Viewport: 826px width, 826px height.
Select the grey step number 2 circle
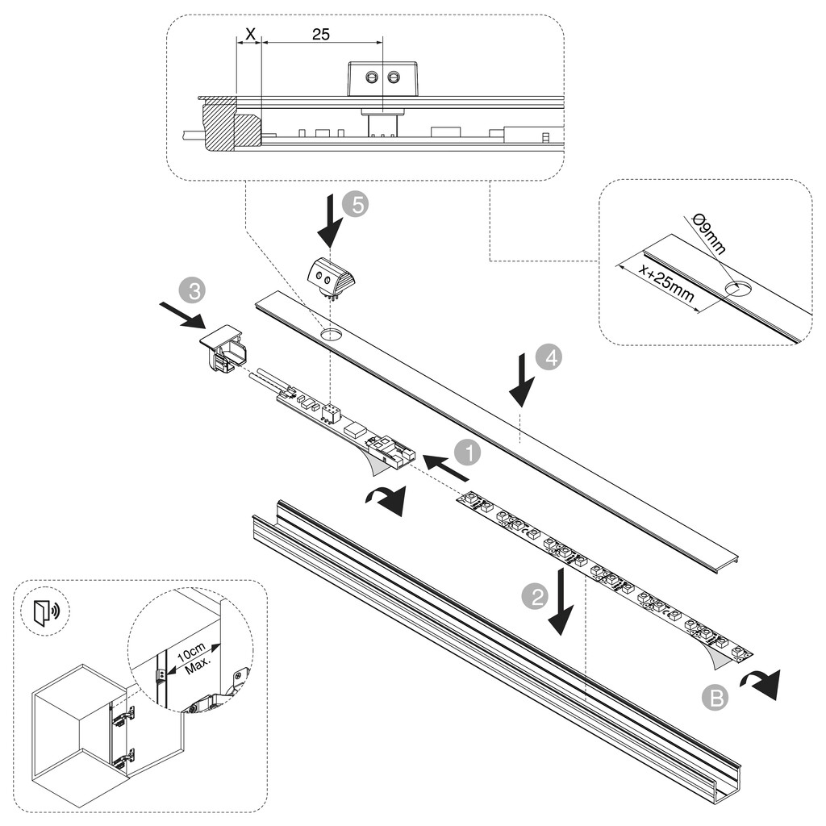click(534, 596)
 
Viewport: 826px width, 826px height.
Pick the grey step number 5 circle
click(355, 204)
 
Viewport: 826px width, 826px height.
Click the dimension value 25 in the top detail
click(320, 35)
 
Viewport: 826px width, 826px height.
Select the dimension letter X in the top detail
click(250, 35)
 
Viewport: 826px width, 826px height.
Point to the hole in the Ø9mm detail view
click(736, 288)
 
